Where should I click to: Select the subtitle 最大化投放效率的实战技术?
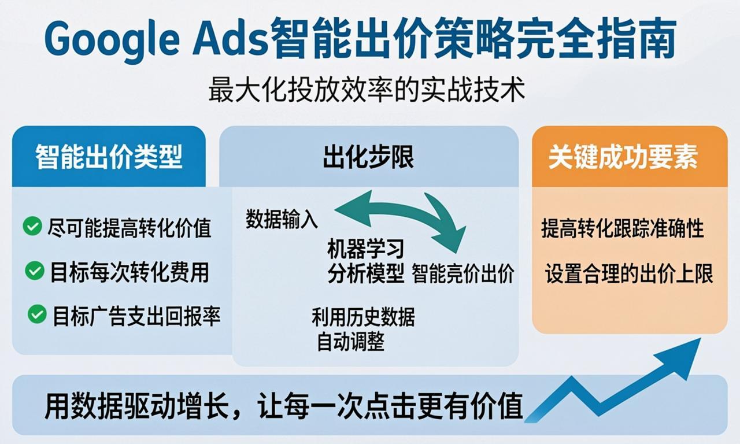click(x=367, y=91)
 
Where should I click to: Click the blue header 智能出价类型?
click(x=109, y=157)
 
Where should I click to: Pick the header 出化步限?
click(x=368, y=157)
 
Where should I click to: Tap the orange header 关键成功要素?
click(x=623, y=157)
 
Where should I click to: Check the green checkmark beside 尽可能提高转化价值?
click(x=32, y=226)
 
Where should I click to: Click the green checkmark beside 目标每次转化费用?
click(x=35, y=270)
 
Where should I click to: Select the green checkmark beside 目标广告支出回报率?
click(x=37, y=314)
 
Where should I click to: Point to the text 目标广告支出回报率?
click(x=136, y=316)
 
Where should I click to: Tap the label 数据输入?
click(x=282, y=219)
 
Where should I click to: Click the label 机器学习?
click(x=365, y=250)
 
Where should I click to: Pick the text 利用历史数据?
click(x=363, y=317)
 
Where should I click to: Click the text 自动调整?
click(x=350, y=342)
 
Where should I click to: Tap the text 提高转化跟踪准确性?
click(x=623, y=228)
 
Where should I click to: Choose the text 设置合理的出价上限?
click(x=629, y=274)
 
